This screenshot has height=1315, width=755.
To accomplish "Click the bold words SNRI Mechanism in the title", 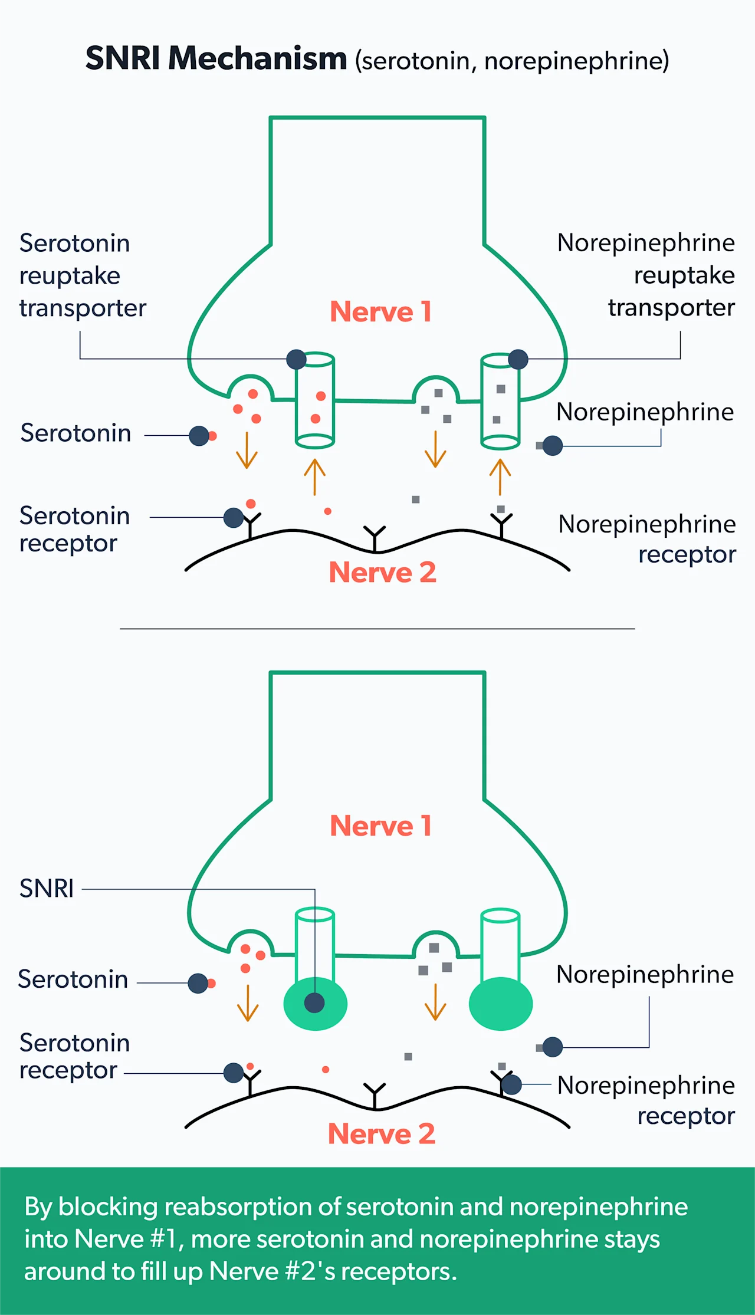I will pos(216,58).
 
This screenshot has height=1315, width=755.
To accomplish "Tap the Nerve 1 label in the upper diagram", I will pos(380,311).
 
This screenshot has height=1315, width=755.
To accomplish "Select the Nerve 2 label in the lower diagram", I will pos(381,1133).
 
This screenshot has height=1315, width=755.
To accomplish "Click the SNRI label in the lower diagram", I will pos(47,888).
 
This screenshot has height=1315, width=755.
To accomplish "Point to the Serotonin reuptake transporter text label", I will pos(82,275).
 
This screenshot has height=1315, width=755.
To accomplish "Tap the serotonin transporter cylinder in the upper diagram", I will pos(315,400).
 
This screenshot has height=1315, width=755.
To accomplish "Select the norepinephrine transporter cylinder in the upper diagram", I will pos(500,402).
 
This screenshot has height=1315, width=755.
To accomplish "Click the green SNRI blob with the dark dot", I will pos(316,1003).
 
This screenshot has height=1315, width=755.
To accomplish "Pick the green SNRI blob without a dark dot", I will pos(501,1003).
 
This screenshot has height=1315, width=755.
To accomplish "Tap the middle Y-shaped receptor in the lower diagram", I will pos(375,1094).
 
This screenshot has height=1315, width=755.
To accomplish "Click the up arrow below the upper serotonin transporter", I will pos(315,476).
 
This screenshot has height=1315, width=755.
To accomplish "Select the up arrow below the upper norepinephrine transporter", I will pos(500,476).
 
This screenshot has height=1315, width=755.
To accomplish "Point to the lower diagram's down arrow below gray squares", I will pos(435,1002).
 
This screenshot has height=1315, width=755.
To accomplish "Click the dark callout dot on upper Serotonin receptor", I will pos(234,518).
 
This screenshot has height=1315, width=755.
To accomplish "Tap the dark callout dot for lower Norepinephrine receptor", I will pos(511,1084).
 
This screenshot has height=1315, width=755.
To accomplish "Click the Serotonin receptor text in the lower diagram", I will pos(74,1056).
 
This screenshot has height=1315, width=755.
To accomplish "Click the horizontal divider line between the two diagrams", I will pos(377,629).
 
